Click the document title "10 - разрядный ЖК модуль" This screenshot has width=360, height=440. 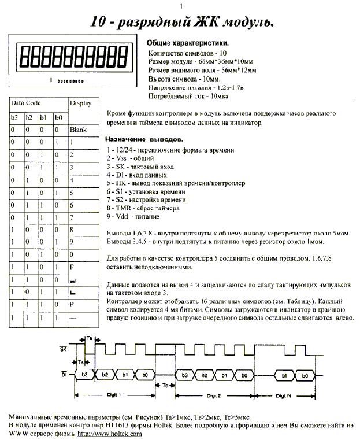coord(181,22)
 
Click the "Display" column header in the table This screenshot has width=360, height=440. coord(81,103)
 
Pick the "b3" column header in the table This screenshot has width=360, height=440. coord(16,117)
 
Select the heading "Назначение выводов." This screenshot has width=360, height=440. coord(144,140)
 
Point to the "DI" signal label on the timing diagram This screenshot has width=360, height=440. coord(63,375)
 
